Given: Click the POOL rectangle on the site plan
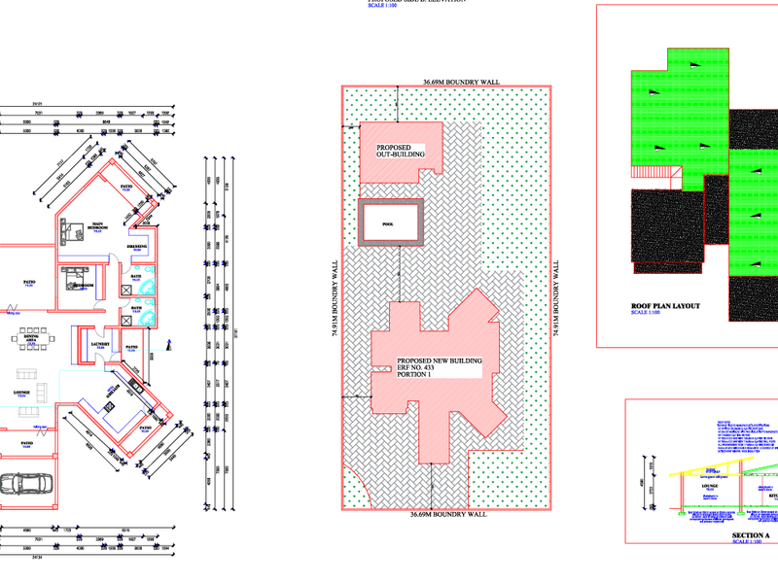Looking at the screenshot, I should [x=389, y=223].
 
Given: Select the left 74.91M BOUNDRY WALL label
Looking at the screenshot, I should [x=336, y=296].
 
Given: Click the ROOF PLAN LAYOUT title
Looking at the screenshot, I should [x=666, y=305].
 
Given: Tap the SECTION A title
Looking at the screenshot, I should [x=750, y=535].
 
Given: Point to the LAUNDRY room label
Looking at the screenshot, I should [x=98, y=344].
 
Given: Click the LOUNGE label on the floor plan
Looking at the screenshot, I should [x=21, y=393].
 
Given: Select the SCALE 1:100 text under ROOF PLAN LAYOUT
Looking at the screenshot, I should [x=646, y=313].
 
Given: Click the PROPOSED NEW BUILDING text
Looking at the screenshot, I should [x=440, y=361].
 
